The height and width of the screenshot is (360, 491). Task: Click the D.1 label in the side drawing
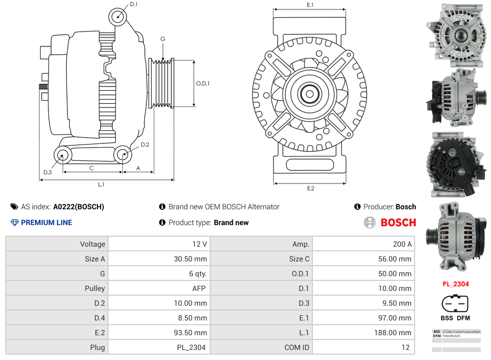(133, 4)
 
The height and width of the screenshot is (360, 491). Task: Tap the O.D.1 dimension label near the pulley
(203, 83)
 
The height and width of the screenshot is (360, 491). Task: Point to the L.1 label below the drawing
(101, 184)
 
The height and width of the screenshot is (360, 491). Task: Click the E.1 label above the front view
(310, 5)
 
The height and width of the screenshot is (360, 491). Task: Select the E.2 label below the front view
(310, 188)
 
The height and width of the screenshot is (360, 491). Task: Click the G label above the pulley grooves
(163, 39)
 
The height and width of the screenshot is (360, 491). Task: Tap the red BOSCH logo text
(398, 222)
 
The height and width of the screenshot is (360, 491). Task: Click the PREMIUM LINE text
(46, 222)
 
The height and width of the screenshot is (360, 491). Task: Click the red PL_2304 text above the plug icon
(455, 284)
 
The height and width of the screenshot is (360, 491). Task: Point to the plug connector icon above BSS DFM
(455, 304)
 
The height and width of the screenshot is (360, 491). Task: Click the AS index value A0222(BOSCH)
(78, 207)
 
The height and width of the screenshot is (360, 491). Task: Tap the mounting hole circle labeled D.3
(63, 155)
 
